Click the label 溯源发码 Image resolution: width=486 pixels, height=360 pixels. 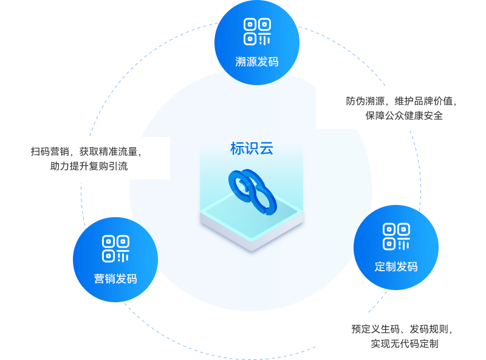coord(257,61)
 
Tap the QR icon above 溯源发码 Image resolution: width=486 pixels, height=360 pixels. coord(257,32)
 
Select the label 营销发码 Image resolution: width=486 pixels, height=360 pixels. coord(115,279)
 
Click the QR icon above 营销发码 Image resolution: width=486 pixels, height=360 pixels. coord(115,248)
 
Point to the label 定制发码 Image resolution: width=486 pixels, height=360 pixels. coord(396,266)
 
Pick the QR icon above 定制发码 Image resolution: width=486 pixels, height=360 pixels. coord(396,237)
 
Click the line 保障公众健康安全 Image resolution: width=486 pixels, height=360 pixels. coord(404,116)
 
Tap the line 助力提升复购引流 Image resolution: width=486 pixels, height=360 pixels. coord(89,166)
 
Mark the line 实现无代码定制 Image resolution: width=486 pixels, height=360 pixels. coord(405,344)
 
